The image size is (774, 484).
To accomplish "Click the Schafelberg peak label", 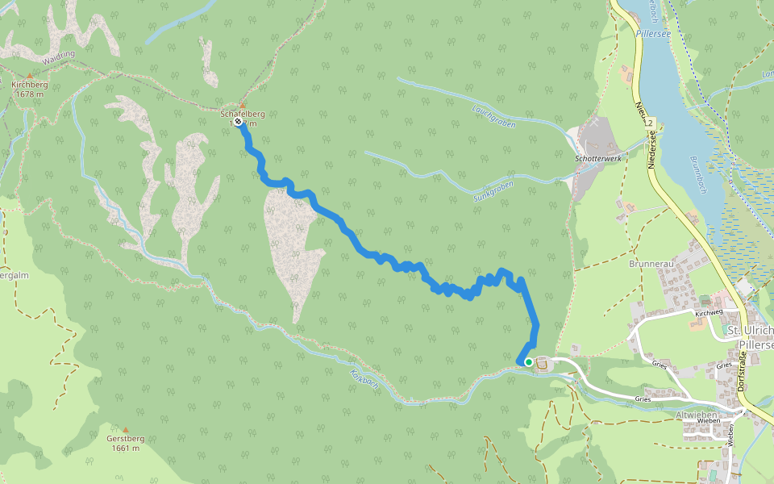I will (243, 114).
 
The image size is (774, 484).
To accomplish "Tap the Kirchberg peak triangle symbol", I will (29, 76).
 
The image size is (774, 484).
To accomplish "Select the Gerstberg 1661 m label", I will (125, 443).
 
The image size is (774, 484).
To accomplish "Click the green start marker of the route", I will (529, 362).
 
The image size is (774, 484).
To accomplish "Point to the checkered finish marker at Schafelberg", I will (239, 123).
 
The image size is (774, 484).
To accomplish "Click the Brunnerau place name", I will (650, 263).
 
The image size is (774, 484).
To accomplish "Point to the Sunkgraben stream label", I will (492, 191).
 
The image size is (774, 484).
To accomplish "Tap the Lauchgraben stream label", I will (490, 116).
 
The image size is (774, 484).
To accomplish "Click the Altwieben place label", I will (697, 414).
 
